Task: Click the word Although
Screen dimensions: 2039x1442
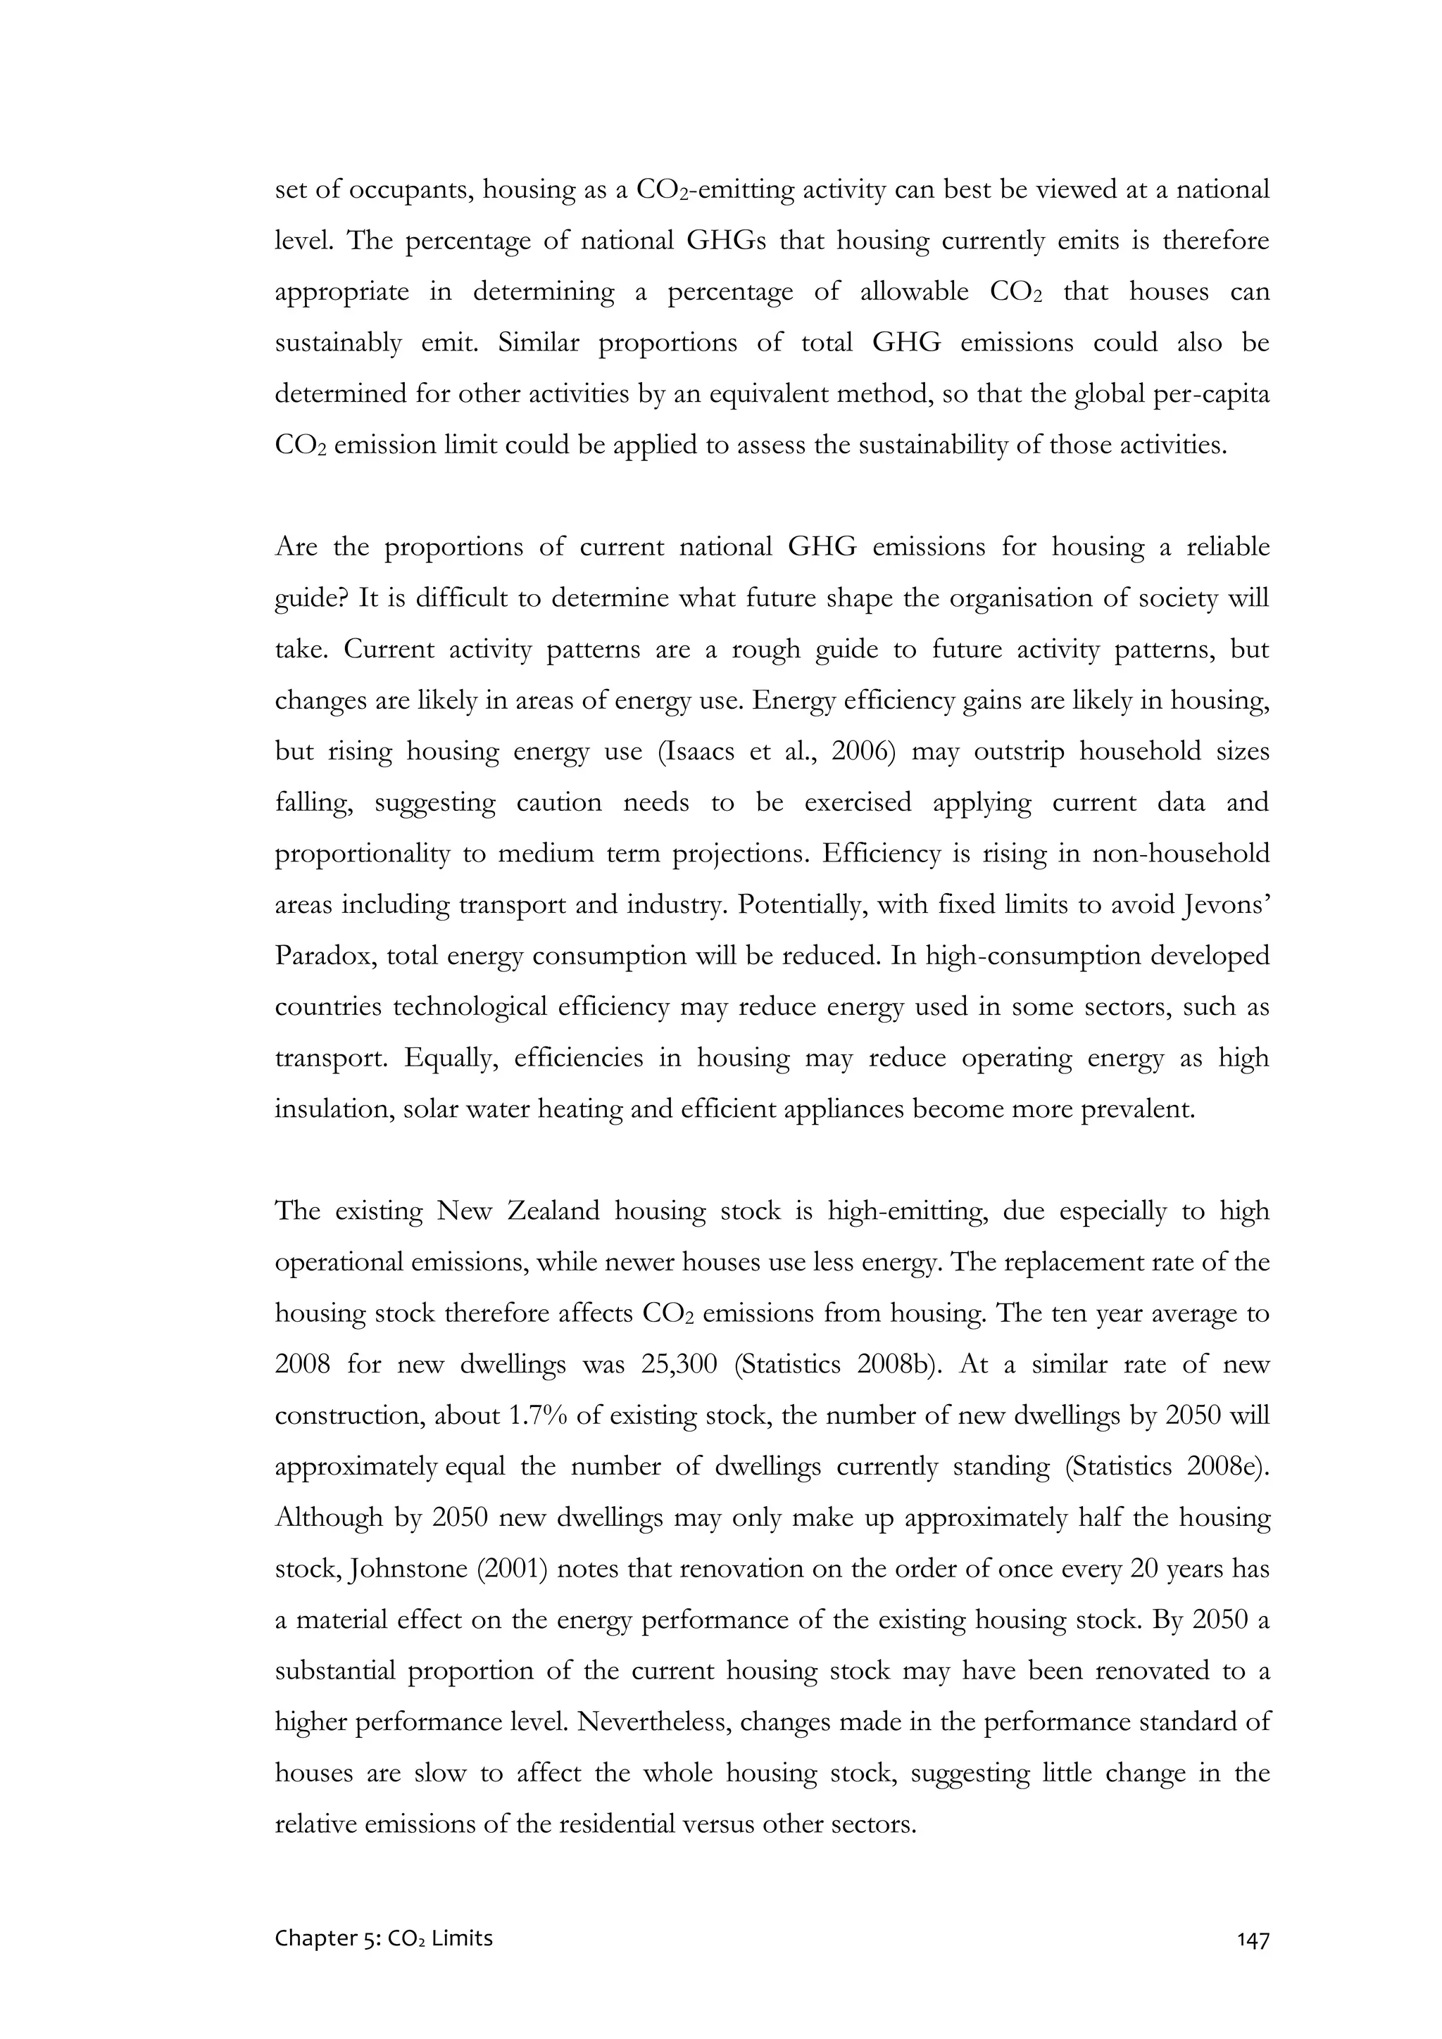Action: click(x=328, y=1517)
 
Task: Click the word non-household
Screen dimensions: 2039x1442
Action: click(x=1181, y=854)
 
